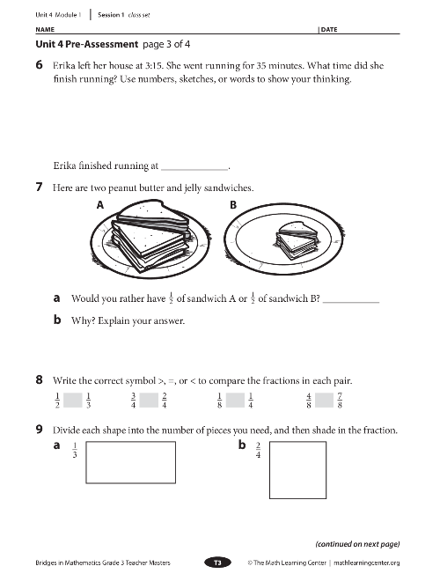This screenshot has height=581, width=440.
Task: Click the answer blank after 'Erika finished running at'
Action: point(194,165)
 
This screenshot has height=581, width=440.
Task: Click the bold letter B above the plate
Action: point(233,204)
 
